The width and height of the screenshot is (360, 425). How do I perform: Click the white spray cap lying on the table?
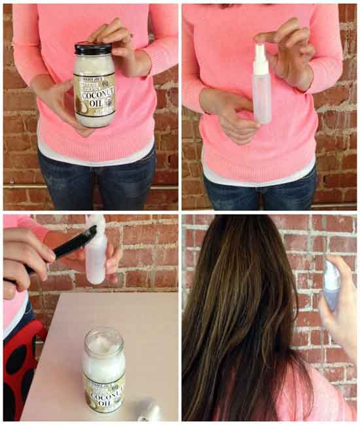(149, 411)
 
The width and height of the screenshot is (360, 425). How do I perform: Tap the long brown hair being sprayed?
(242, 314)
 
